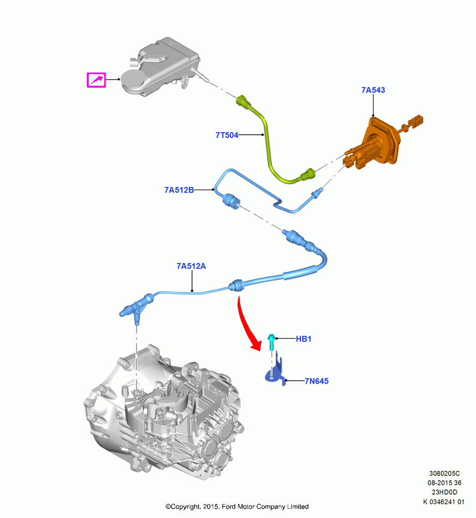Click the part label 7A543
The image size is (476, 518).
tap(373, 90)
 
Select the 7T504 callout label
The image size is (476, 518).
tap(227, 135)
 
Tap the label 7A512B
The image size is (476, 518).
tap(179, 190)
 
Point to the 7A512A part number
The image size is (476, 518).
tap(191, 266)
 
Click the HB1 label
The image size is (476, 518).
tap(304, 339)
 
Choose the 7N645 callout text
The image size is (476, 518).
tap(317, 381)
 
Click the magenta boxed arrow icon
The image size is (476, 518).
tap(96, 80)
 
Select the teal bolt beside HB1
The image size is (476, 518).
tap(272, 342)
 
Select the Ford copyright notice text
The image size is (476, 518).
tap(237, 507)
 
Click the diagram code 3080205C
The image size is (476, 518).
tap(444, 473)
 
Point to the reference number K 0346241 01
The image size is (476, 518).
tap(444, 502)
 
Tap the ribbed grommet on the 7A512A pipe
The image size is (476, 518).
tap(236, 285)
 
